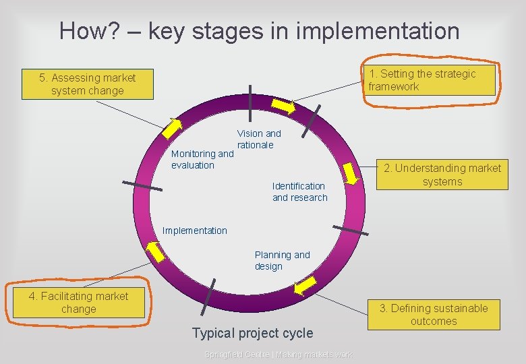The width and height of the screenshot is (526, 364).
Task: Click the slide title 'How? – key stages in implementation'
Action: point(259,31)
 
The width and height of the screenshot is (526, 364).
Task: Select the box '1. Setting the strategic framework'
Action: point(430,80)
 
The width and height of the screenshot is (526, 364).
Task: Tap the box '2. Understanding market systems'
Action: point(442,175)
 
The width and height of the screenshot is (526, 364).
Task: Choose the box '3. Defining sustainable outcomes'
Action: point(433,315)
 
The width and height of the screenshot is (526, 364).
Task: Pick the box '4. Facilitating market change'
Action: point(79,303)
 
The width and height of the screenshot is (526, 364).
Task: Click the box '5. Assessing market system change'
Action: point(87,84)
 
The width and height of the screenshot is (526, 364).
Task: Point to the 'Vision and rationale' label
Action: point(258,140)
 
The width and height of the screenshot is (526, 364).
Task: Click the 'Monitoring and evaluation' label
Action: point(202,159)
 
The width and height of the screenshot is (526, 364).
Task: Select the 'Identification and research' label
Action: point(299,191)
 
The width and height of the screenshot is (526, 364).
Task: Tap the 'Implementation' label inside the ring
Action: point(195,231)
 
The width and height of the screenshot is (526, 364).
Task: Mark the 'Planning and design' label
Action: point(282,260)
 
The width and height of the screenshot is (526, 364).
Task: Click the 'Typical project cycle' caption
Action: point(252,333)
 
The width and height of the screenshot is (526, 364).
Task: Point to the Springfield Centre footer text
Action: point(278,355)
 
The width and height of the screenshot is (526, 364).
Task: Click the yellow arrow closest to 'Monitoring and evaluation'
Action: point(176,128)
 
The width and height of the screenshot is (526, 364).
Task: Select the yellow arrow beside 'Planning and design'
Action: point(305,286)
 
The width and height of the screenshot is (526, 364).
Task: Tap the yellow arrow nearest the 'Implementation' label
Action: point(156,251)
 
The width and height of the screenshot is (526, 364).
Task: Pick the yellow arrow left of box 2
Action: point(351,173)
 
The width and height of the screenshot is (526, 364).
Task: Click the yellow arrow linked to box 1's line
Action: point(284,107)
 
